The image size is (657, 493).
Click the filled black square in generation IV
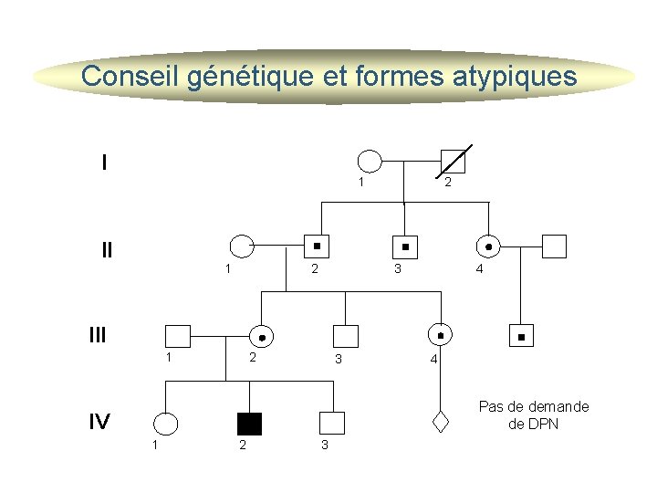(249, 424)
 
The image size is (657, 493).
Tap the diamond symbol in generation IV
(441, 422)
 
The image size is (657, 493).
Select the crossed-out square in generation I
(453, 162)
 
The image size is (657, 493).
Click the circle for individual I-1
(369, 162)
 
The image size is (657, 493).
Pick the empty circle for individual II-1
(242, 246)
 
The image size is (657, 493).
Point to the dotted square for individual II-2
(317, 246)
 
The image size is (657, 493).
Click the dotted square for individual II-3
(405, 246)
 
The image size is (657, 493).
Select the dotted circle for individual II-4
(489, 246)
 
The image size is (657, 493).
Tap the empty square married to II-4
(554, 246)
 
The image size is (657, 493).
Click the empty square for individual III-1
(178, 335)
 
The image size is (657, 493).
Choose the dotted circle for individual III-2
(262, 336)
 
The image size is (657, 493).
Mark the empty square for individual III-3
(346, 335)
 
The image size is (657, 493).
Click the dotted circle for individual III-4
(441, 335)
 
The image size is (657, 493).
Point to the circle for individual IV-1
(166, 424)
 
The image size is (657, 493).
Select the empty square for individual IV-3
(333, 423)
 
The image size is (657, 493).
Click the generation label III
(98, 335)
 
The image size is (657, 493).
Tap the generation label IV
(99, 422)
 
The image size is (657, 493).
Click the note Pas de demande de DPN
(534, 415)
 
